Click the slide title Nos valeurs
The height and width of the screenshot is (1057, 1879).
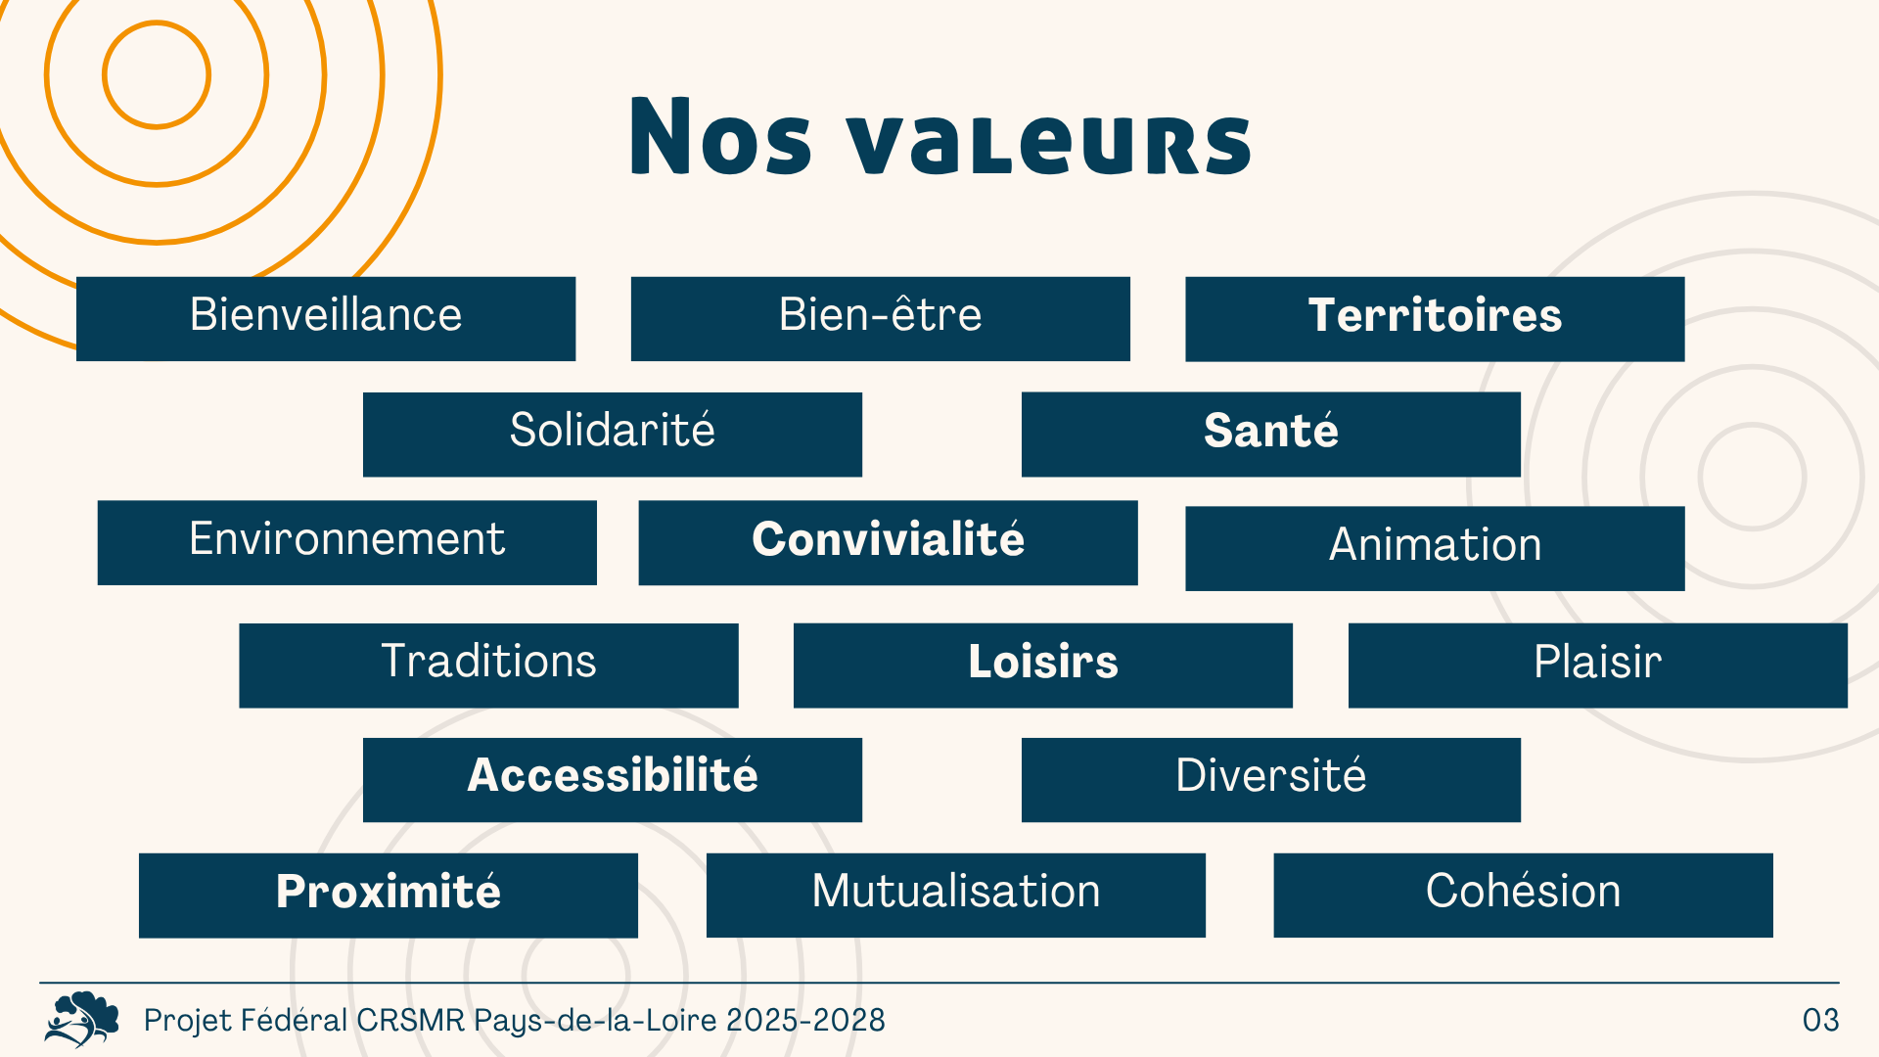point(940,137)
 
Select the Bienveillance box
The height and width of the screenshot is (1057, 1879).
point(326,319)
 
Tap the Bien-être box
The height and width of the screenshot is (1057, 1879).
point(881,319)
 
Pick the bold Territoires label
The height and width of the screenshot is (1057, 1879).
point(1435,315)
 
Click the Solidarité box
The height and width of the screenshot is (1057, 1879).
point(613,435)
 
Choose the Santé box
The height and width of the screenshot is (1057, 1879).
point(1271,435)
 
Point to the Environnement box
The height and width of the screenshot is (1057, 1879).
point(347,543)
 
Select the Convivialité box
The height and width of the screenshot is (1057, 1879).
point(889,543)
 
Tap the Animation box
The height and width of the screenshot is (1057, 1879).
point(1435,548)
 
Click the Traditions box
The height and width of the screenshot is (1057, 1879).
point(489,666)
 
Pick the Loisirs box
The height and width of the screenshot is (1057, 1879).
point(1043,666)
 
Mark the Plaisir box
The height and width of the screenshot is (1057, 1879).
point(1598,666)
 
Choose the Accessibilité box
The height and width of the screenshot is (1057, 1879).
point(613,780)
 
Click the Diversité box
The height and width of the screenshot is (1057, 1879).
point(1271,780)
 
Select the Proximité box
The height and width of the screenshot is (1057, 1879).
point(389,896)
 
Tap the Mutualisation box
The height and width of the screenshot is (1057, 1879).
point(956,896)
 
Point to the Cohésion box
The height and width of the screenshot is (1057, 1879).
point(1524,896)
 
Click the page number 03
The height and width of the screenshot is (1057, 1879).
point(1821,1020)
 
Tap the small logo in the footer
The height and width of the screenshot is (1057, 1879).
point(82,1019)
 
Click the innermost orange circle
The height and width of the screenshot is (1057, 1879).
point(104,74)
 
